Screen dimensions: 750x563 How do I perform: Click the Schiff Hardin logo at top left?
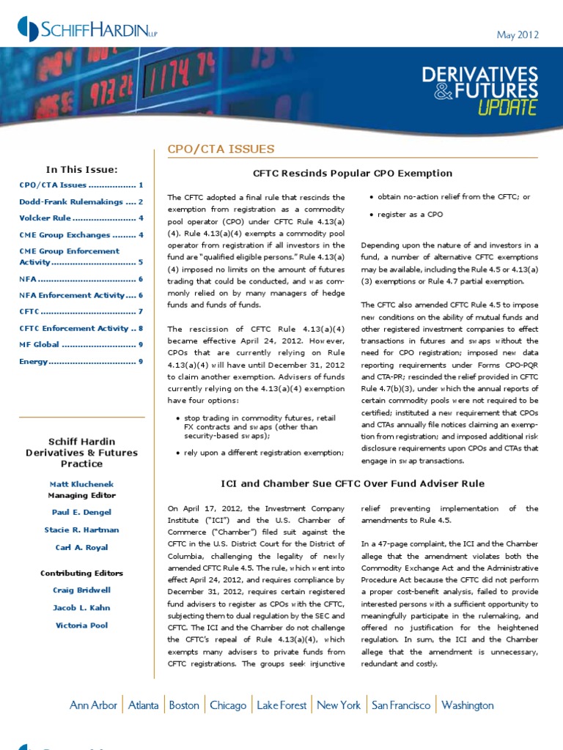tap(87, 29)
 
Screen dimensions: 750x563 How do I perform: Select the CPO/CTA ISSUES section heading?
tap(221, 149)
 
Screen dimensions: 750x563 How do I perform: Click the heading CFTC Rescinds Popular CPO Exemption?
tap(352, 173)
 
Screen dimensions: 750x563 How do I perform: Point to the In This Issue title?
tap(81, 169)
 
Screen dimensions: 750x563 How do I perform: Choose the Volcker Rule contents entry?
tap(81, 218)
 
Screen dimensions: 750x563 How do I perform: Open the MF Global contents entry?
tap(81, 344)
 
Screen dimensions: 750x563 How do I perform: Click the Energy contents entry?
tap(81, 361)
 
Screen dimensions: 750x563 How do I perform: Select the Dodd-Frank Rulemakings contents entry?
tap(81, 201)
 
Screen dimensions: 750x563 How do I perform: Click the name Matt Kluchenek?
tap(81, 485)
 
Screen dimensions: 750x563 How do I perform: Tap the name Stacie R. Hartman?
tap(81, 530)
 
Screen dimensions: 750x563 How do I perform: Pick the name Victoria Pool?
tap(81, 625)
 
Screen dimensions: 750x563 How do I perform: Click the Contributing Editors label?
tap(81, 573)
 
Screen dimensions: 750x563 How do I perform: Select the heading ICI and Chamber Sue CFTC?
tap(353, 483)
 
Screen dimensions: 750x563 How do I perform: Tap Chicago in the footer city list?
tap(228, 705)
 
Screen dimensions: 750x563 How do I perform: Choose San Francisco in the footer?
tap(401, 705)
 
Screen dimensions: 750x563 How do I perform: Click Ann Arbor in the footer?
tap(93, 705)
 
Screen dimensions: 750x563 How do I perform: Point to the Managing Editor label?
tap(81, 495)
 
